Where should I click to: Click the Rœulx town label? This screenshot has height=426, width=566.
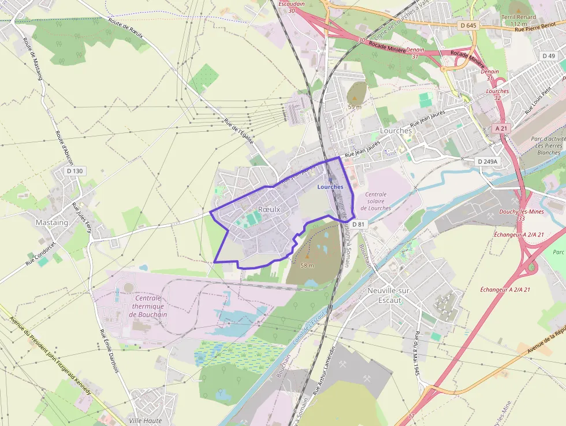[269, 209]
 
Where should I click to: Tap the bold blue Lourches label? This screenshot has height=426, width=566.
[330, 187]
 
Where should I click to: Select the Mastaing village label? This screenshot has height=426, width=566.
[52, 223]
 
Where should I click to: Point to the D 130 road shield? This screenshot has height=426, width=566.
[75, 171]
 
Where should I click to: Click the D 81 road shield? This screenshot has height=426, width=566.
[359, 224]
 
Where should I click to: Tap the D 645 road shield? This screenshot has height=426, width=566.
[468, 25]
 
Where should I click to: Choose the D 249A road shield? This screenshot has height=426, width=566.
[488, 161]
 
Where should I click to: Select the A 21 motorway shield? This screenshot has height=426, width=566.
[501, 128]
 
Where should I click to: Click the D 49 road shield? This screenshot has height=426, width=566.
[548, 55]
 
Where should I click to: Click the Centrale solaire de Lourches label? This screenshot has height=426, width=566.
[376, 201]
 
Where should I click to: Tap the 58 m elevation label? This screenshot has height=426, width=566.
[307, 265]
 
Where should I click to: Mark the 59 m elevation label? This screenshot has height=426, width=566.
[355, 107]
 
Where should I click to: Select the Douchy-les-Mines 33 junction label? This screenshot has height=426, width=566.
[520, 215]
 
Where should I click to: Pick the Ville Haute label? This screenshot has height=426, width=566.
[146, 421]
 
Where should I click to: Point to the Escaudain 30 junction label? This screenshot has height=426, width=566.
[291, 7]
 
